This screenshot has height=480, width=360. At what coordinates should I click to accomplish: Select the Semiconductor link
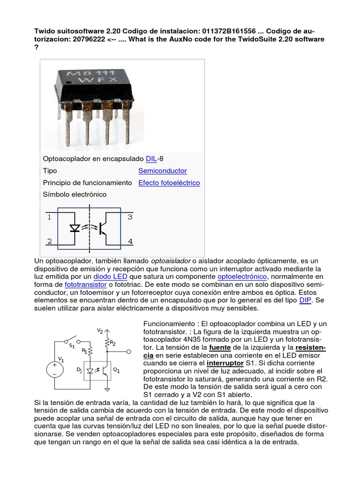pyautogui.click(x=162, y=171)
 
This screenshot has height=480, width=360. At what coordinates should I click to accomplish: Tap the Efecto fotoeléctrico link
pyautogui.click(x=169, y=183)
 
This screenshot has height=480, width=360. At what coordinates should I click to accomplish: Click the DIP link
pyautogui.click(x=305, y=300)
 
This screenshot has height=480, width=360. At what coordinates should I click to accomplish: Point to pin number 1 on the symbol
pyautogui.click(x=49, y=217)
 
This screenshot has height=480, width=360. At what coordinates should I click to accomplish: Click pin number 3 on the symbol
pyautogui.click(x=130, y=217)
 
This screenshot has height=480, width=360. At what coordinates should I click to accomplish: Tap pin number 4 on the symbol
pyautogui.click(x=130, y=241)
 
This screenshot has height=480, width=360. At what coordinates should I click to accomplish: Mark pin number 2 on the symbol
pyautogui.click(x=49, y=241)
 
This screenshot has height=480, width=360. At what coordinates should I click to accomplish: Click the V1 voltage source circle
pyautogui.click(x=55, y=369)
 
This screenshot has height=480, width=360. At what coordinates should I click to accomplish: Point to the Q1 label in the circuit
pyautogui.click(x=116, y=370)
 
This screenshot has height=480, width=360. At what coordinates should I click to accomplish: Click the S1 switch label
pyautogui.click(x=72, y=346)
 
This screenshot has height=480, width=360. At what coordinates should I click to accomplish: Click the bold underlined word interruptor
pyautogui.click(x=224, y=363)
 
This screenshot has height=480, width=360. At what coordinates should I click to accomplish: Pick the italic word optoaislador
pyautogui.click(x=170, y=261)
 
